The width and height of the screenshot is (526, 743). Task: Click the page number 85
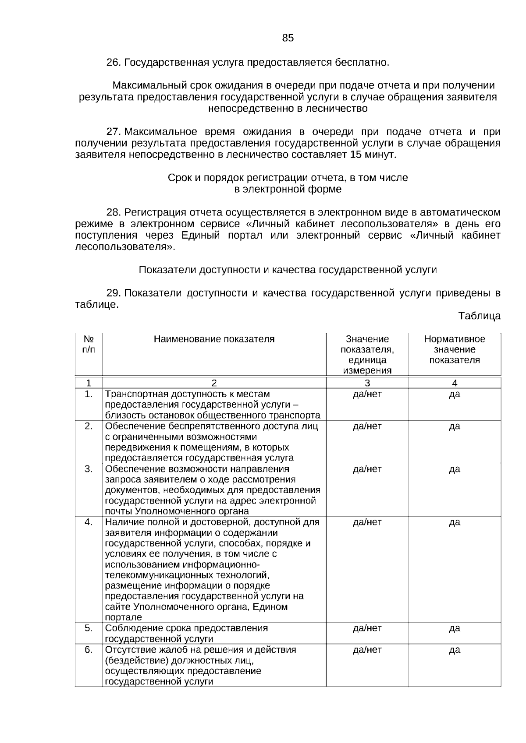(288, 38)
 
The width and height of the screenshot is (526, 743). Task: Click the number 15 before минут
(355, 155)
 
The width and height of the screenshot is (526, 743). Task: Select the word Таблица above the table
(479, 316)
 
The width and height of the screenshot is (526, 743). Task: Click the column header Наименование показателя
(214, 339)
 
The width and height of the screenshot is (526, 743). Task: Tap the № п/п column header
(89, 344)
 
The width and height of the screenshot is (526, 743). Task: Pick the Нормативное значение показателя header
(455, 349)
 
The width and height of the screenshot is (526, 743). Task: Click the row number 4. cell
(89, 522)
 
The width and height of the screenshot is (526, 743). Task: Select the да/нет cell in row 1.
(367, 394)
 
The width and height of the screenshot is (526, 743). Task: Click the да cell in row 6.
(455, 650)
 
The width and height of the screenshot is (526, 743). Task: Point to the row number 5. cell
(89, 628)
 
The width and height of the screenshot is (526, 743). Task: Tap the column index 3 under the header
(367, 383)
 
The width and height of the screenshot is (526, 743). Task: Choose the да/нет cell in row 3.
(367, 469)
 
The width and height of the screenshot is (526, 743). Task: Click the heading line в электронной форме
(288, 190)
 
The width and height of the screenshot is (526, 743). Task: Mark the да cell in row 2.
(455, 426)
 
